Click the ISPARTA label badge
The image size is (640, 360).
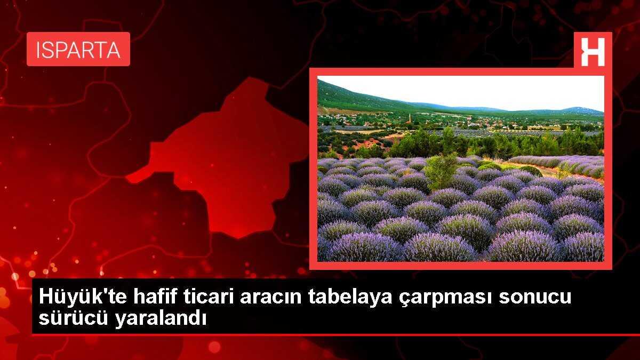[x=78, y=49]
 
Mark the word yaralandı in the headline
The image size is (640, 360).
[x=161, y=318]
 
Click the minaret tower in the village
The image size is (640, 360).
[x=410, y=117]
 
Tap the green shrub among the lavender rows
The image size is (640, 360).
[x=442, y=171]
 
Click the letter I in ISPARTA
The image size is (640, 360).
[x=38, y=50]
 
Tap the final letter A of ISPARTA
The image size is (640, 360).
[x=114, y=50]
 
